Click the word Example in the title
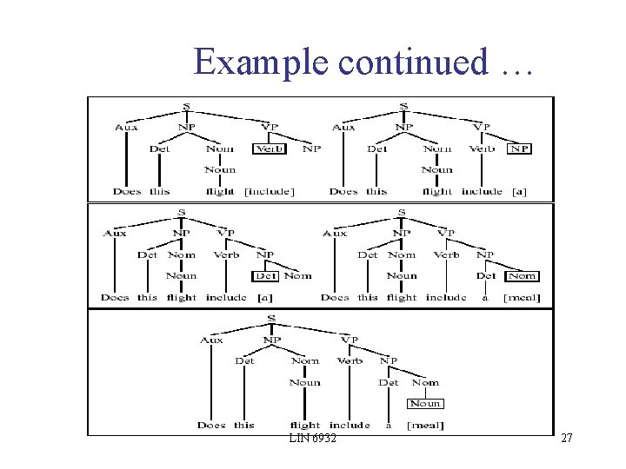pyautogui.click(x=263, y=62)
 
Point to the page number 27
pyautogui.click(x=567, y=439)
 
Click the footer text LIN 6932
pyautogui.click(x=313, y=439)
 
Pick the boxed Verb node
pyautogui.click(x=270, y=149)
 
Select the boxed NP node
pyautogui.click(x=519, y=149)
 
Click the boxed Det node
pyautogui.click(x=265, y=276)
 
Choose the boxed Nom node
pyautogui.click(x=523, y=276)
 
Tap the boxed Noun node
pyautogui.click(x=425, y=403)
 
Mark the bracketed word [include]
pyautogui.click(x=269, y=191)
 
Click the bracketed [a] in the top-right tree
pyautogui.click(x=519, y=191)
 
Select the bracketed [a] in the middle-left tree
pyautogui.click(x=264, y=298)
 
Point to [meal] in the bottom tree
pyautogui.click(x=426, y=426)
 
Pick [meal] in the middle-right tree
pyautogui.click(x=523, y=298)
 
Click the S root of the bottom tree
pyautogui.click(x=271, y=319)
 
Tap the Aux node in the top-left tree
pyautogui.click(x=126, y=128)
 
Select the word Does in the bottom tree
pyautogui.click(x=211, y=426)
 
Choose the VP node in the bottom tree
pyautogui.click(x=350, y=340)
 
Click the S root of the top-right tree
pyautogui.click(x=403, y=107)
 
